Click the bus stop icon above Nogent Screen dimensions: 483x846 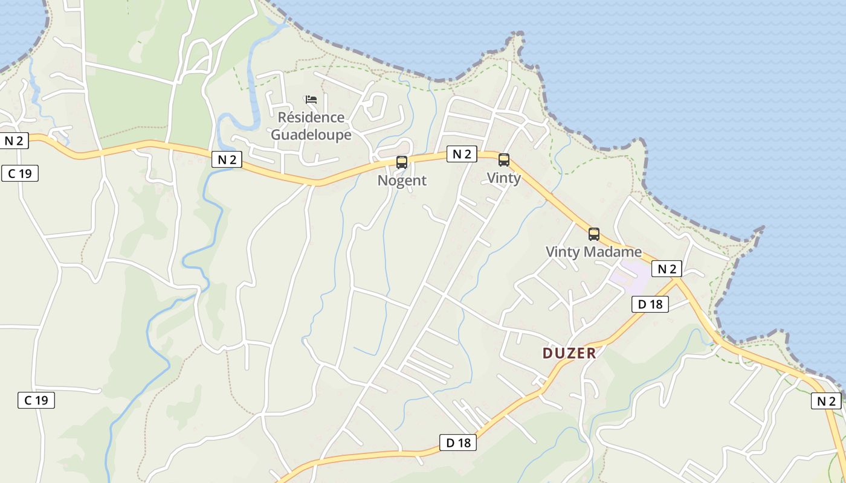tap(401, 162)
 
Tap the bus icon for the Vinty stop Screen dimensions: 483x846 tap(503, 160)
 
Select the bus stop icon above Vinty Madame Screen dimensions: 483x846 tap(594, 234)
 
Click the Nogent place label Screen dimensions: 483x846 tap(402, 181)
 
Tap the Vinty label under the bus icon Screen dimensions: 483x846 tap(503, 178)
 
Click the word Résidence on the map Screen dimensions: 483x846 tap(311, 117)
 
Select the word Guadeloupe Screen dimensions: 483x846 tap(311, 134)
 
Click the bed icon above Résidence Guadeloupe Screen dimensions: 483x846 tap(311, 100)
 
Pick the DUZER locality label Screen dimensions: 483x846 tap(569, 353)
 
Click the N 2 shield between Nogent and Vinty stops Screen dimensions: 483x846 tap(462, 154)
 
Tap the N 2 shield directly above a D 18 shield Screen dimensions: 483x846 tap(667, 269)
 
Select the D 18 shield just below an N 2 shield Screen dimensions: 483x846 tap(650, 304)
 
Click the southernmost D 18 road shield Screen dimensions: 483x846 tap(458, 443)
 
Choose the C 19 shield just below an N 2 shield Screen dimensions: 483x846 tap(20, 174)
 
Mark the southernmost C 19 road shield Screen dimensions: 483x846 tap(36, 400)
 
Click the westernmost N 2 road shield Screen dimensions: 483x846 tap(14, 141)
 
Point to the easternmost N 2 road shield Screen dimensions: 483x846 tap(825, 401)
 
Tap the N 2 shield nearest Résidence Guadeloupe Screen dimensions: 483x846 tap(227, 159)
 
